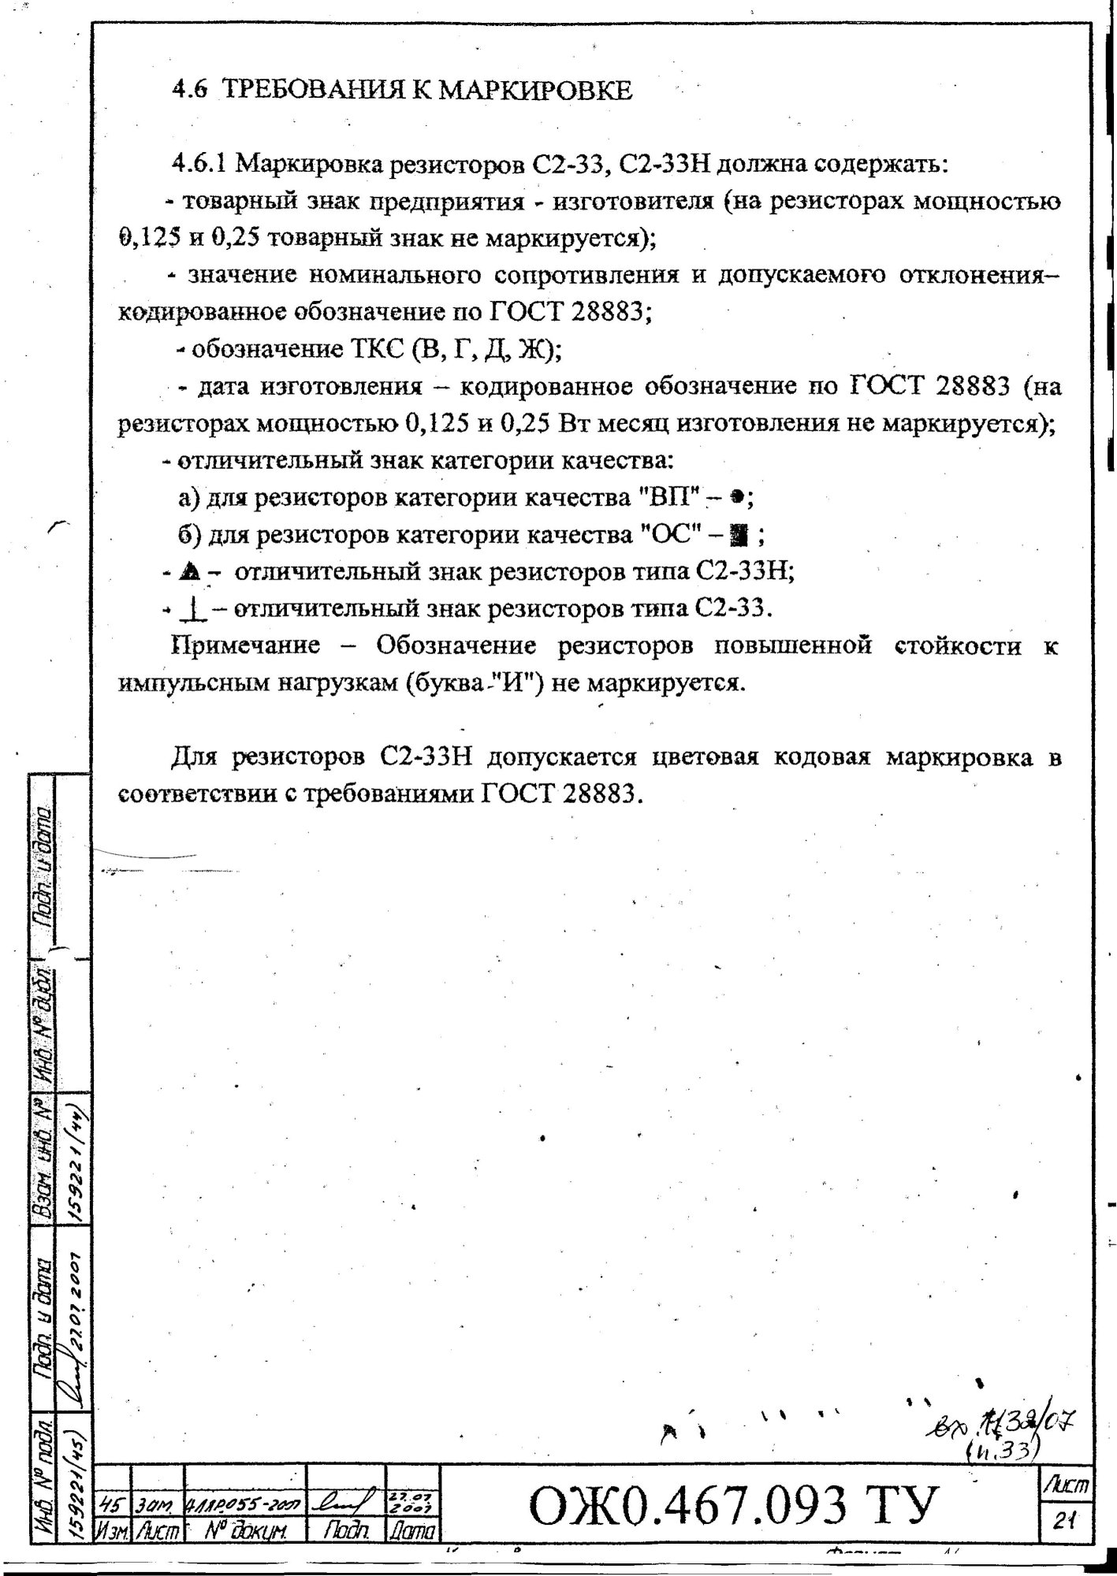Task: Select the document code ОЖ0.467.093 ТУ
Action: click(x=735, y=1504)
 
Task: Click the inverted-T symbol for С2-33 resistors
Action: click(x=190, y=609)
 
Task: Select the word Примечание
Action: click(x=246, y=646)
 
